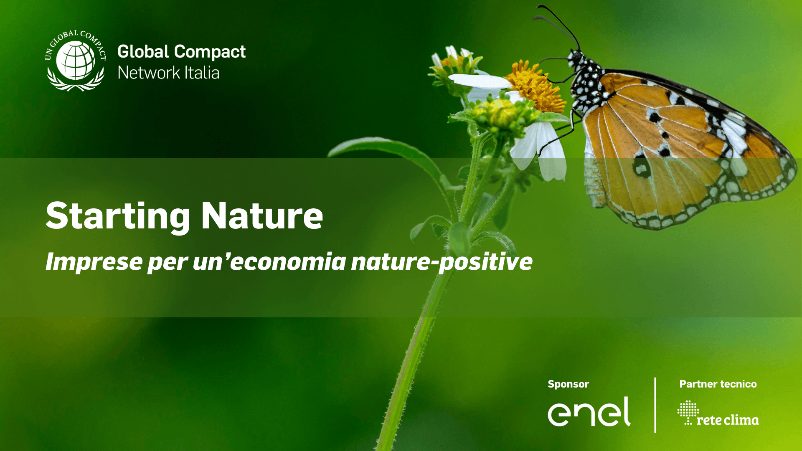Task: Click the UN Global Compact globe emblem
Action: pyautogui.click(x=76, y=60)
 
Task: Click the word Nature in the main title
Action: pyautogui.click(x=262, y=216)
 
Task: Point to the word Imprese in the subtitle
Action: pyautogui.click(x=94, y=262)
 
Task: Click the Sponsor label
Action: pyautogui.click(x=568, y=384)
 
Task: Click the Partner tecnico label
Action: pyautogui.click(x=718, y=384)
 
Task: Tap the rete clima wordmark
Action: pyautogui.click(x=728, y=420)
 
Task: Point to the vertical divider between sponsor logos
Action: pyautogui.click(x=655, y=405)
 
